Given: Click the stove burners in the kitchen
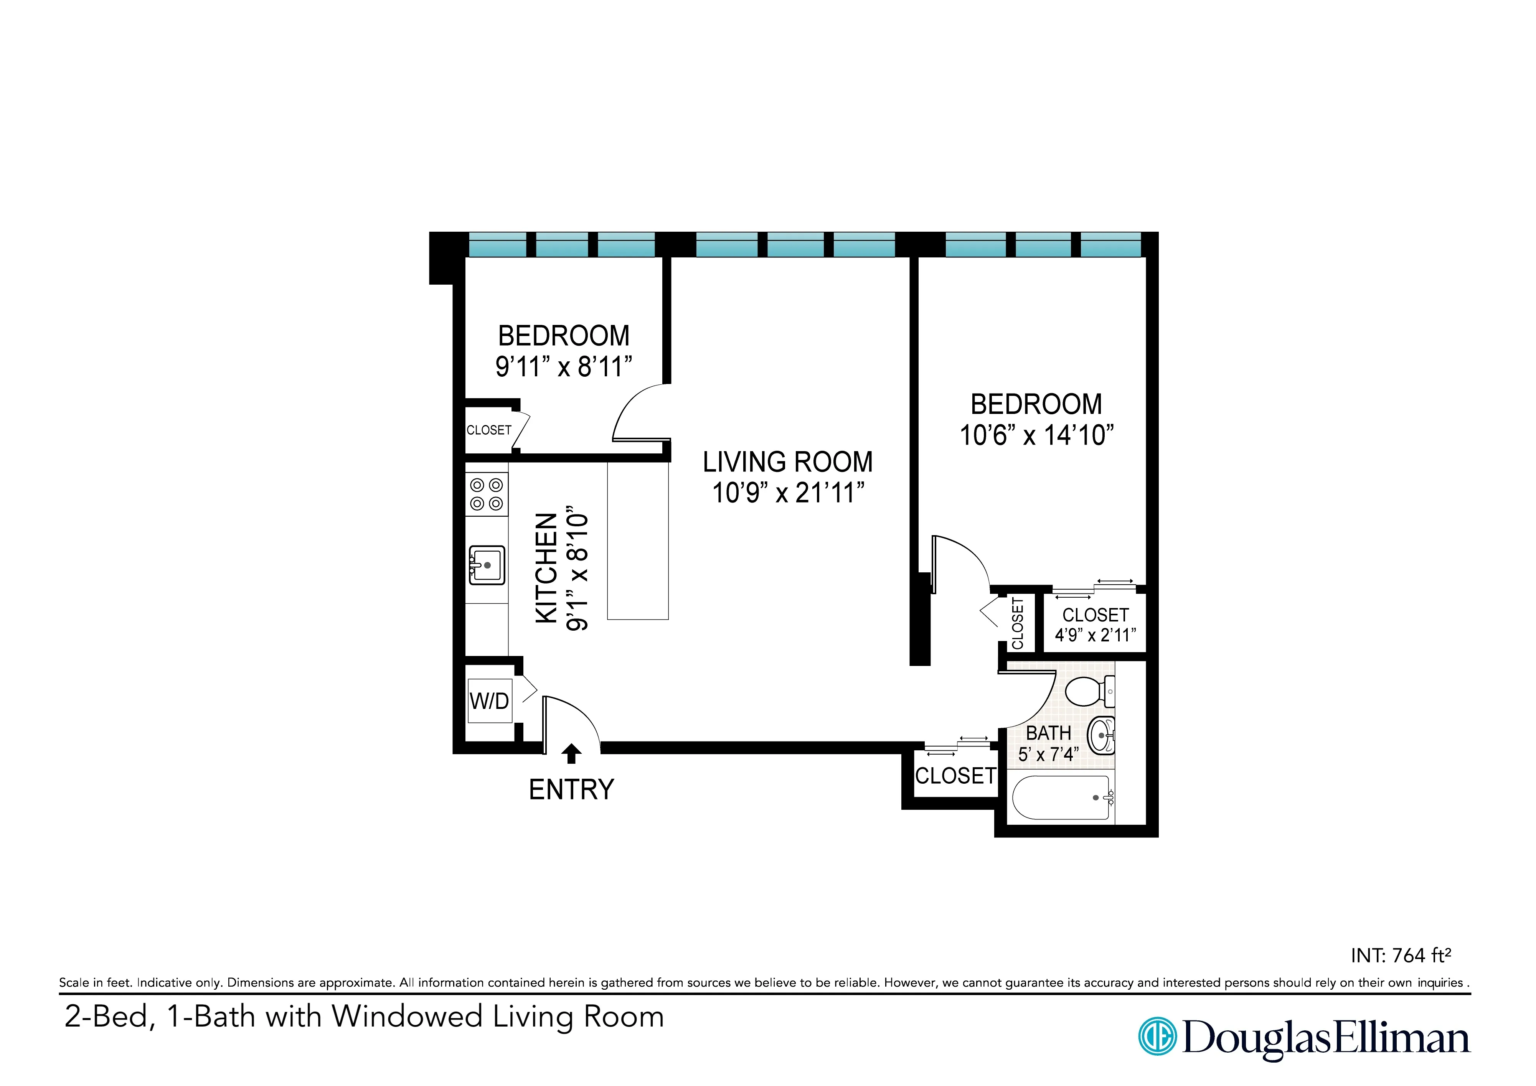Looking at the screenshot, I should coord(487,494).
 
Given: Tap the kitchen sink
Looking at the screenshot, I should coord(487,565).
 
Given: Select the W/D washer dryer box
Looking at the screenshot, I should coord(490,701).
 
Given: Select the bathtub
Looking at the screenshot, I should coord(1060,798).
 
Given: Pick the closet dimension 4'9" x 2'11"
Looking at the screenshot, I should coord(1095,634).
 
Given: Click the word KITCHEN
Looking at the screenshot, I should coord(546,569).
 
